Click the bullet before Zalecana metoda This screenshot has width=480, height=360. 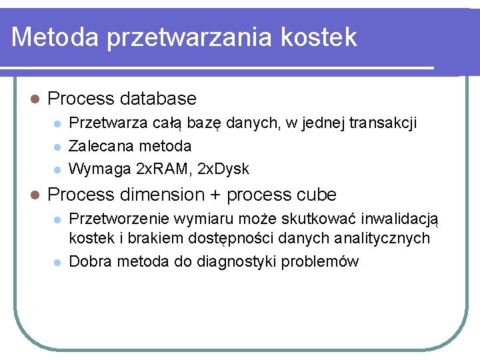(58, 147)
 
